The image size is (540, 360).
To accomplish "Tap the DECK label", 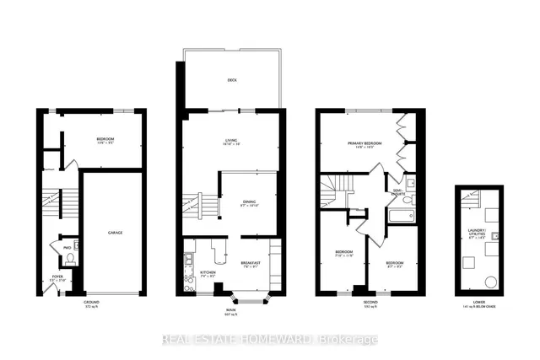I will coord(231,81).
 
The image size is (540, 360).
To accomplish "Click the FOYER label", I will coord(57,276).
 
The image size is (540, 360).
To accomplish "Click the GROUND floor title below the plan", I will coord(92,302).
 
